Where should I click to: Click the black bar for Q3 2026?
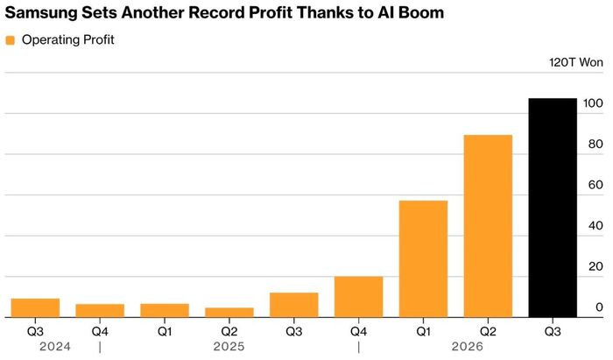click(x=553, y=208)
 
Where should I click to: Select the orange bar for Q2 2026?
click(x=488, y=226)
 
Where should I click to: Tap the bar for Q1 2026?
click(x=423, y=258)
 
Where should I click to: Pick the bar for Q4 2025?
click(x=358, y=297)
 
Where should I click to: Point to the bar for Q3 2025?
click(x=294, y=305)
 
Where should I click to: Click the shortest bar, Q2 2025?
click(x=229, y=313)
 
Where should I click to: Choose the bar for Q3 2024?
click(x=35, y=308)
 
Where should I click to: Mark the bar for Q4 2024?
click(x=100, y=311)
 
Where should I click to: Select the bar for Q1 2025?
click(x=165, y=310)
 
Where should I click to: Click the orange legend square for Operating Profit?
click(x=11, y=40)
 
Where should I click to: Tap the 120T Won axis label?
click(x=576, y=62)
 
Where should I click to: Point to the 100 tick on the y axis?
click(x=593, y=103)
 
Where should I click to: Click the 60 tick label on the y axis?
click(x=595, y=185)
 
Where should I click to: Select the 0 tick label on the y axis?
click(x=599, y=307)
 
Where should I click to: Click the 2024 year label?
click(x=55, y=346)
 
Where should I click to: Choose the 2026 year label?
click(x=467, y=346)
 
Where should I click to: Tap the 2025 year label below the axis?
click(x=229, y=346)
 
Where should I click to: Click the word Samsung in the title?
click(x=41, y=13)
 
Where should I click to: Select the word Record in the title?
click(x=216, y=13)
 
